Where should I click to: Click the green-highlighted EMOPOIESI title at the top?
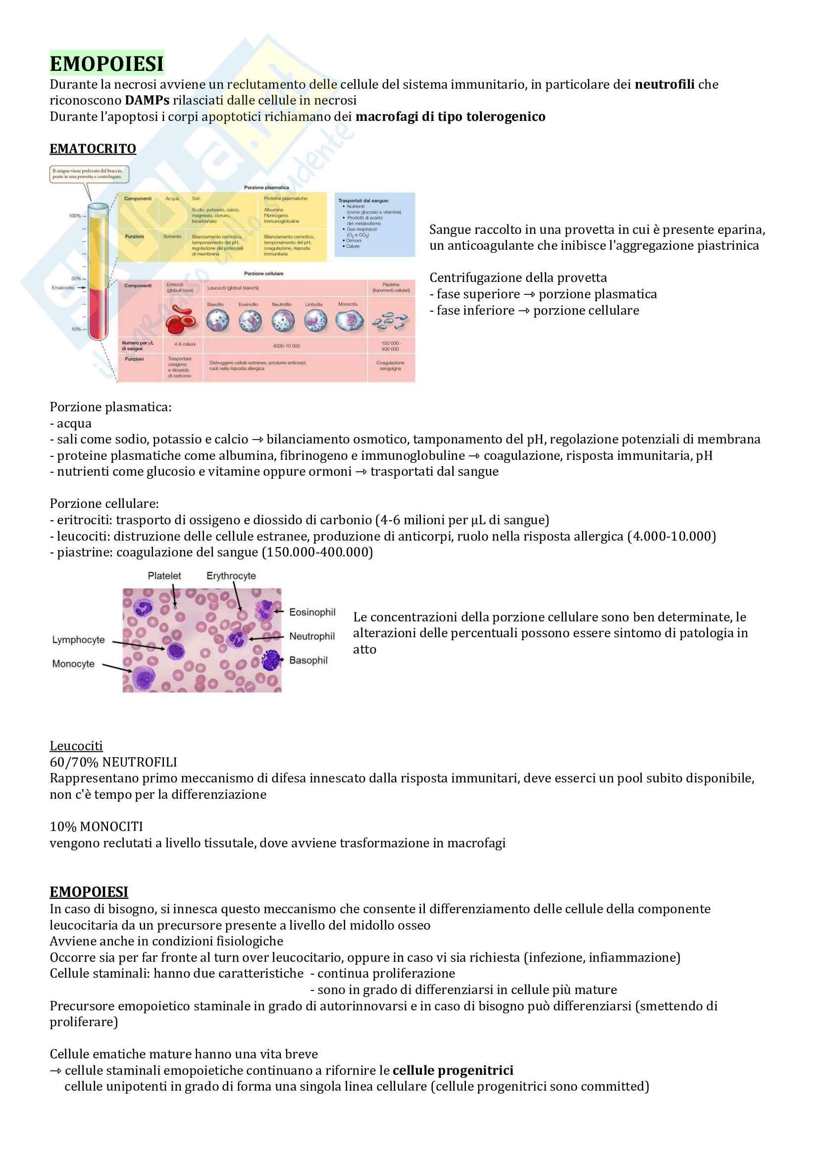point(106,63)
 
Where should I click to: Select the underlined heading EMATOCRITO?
point(93,149)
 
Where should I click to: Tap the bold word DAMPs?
point(147,101)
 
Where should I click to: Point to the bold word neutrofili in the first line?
point(664,84)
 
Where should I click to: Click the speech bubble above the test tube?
point(89,174)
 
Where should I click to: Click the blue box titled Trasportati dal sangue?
point(374,224)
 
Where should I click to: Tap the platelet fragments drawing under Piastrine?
point(390,321)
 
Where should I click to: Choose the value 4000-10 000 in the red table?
point(286,346)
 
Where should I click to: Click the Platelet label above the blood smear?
point(164,576)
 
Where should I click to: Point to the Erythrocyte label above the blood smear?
point(231,576)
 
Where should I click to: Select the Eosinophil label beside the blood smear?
point(312,612)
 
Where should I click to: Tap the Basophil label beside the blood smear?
point(308,660)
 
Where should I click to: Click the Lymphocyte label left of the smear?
point(78,640)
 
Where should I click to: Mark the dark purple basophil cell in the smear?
point(271,660)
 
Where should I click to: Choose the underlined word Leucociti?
point(76,746)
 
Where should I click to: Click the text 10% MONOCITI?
point(97,827)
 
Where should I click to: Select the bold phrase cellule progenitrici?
point(453,1070)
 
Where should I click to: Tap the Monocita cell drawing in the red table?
point(349,321)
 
